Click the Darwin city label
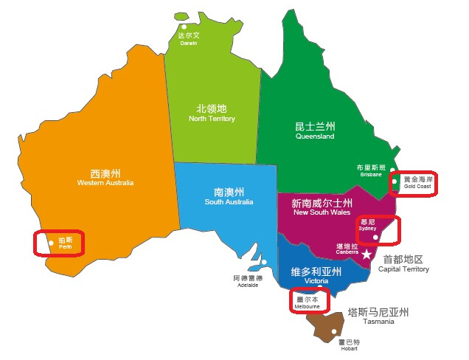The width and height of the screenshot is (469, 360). (x=189, y=38)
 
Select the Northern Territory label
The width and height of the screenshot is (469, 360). (x=212, y=113)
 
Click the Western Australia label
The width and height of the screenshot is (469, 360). (x=111, y=177)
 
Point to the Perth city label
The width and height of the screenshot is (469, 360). (x=66, y=243)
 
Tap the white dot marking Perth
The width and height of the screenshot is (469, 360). (x=51, y=242)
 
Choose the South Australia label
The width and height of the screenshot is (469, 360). (x=229, y=196)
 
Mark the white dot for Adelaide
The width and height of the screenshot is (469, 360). (x=263, y=262)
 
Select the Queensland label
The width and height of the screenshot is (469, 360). (x=315, y=131)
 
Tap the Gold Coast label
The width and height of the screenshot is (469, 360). (x=417, y=182)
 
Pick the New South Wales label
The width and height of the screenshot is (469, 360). (x=322, y=207)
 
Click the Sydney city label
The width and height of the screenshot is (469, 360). (x=367, y=224)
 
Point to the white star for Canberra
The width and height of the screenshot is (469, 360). (x=366, y=254)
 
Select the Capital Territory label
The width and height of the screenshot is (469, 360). (x=403, y=264)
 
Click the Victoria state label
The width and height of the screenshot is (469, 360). (x=316, y=275)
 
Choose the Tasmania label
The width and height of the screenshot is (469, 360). (x=378, y=316)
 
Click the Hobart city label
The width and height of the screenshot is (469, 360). (x=349, y=345)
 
